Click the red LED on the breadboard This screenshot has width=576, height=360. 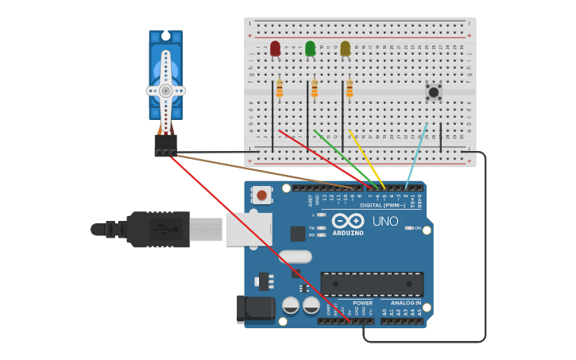click(275, 48)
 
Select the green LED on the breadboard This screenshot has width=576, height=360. click(310, 48)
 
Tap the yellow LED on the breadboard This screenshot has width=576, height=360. click(345, 48)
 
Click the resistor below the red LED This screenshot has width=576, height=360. click(279, 90)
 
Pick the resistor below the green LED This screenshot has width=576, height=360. click(314, 90)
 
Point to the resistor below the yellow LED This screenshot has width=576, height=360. click(349, 90)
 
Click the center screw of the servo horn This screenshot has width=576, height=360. click(165, 91)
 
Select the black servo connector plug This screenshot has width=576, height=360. click(165, 145)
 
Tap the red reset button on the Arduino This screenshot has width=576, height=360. click(261, 195)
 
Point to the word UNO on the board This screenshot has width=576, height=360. click(385, 221)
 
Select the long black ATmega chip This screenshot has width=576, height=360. click(372, 284)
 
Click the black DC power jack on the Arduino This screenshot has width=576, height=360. click(253, 309)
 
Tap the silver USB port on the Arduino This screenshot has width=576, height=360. click(248, 229)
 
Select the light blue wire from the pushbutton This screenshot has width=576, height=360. click(417, 156)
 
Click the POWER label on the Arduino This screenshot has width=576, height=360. click(362, 303)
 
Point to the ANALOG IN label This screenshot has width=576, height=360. click(405, 303)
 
